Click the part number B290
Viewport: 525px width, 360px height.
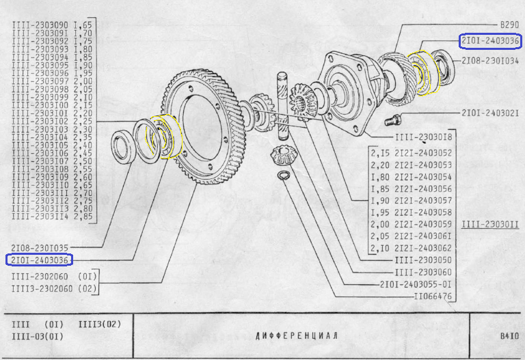tap(509, 23)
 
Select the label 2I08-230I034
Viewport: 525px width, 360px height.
tap(490, 61)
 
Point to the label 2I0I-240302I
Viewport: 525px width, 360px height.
tap(490, 112)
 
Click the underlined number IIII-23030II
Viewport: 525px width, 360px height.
tap(490, 224)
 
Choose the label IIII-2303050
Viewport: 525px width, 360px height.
tap(424, 260)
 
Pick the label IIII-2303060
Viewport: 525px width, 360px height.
tap(424, 273)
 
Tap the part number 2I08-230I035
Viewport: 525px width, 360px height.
tap(40, 247)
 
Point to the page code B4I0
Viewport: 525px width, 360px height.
tap(509, 336)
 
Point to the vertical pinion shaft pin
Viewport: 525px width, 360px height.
tap(281, 102)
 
